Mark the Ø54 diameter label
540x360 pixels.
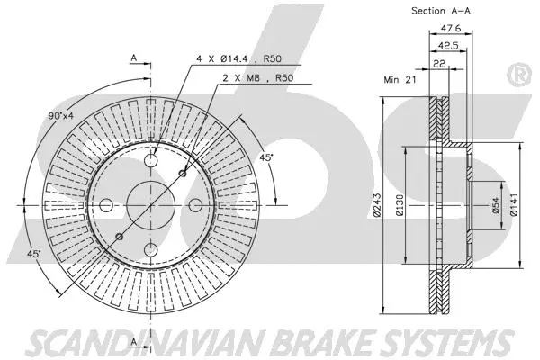495,210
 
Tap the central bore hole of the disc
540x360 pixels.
148,203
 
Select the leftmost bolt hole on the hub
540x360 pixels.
104,203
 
